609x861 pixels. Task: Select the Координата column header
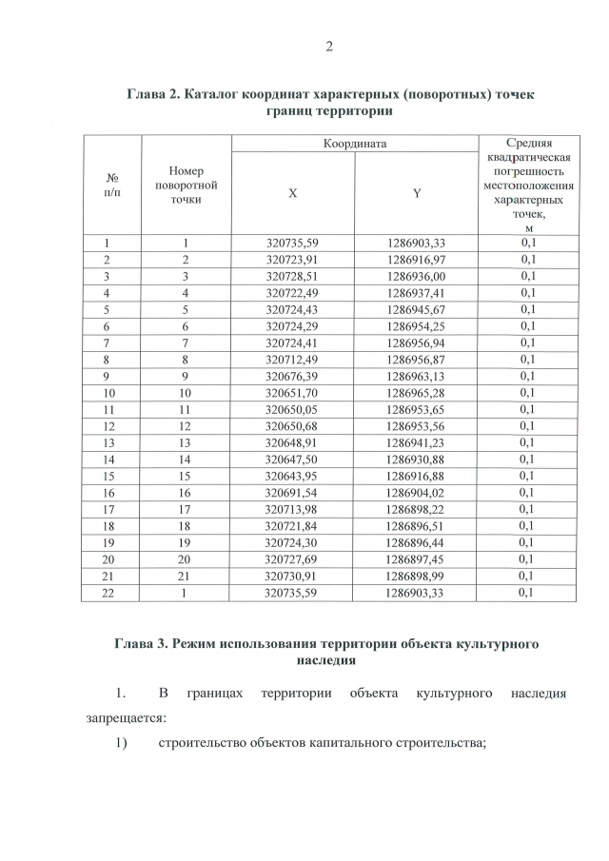pyautogui.click(x=354, y=143)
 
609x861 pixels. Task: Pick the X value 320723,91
pyautogui.click(x=293, y=259)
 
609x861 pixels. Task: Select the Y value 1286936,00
pyautogui.click(x=417, y=275)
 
